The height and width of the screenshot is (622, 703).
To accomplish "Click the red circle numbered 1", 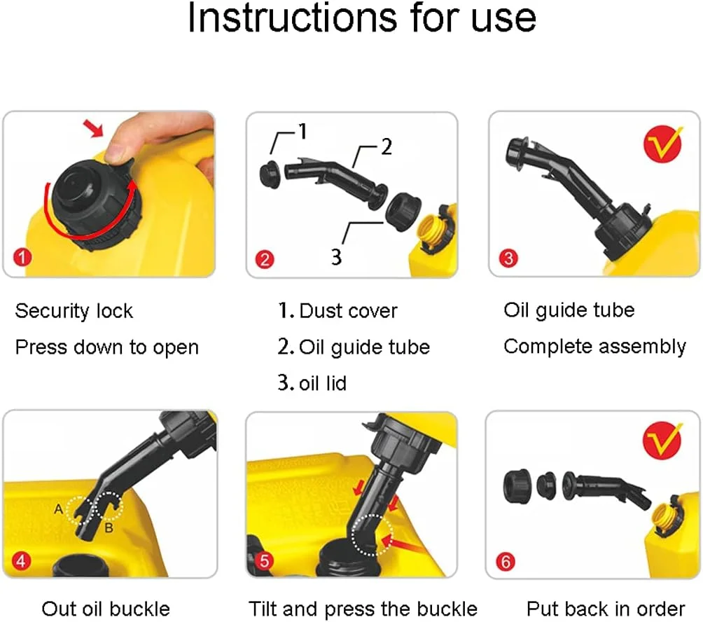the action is pyautogui.click(x=22, y=257).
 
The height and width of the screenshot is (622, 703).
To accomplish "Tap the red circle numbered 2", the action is pyautogui.click(x=265, y=260).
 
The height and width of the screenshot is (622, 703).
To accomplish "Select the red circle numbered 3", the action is pyautogui.click(x=508, y=258).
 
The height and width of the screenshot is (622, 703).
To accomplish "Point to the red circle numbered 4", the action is pyautogui.click(x=21, y=560).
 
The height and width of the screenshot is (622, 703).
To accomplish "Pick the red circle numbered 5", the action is pyautogui.click(x=265, y=561).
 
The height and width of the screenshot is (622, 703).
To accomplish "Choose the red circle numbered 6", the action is pyautogui.click(x=506, y=562).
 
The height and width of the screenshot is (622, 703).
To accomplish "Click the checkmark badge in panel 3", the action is pyautogui.click(x=662, y=144).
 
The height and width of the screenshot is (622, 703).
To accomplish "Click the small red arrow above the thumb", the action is pyautogui.click(x=94, y=128).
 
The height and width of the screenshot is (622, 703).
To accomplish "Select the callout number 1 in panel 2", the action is pyautogui.click(x=303, y=132).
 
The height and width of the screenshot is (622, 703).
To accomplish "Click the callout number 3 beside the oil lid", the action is pyautogui.click(x=336, y=257).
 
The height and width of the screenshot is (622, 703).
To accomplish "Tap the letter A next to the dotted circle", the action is pyautogui.click(x=58, y=509).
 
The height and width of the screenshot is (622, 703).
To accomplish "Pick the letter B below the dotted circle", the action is pyautogui.click(x=109, y=528).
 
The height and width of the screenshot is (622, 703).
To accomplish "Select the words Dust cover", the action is pyautogui.click(x=349, y=311).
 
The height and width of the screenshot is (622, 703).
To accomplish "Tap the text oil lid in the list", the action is pyautogui.click(x=323, y=383).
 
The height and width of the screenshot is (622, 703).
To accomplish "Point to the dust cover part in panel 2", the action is pyautogui.click(x=270, y=175).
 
